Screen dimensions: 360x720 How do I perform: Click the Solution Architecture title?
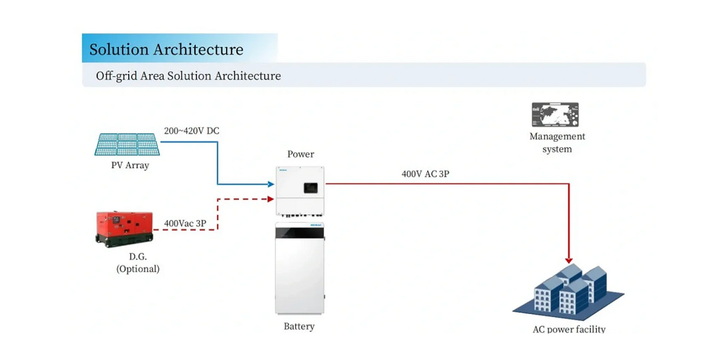pos(166,49)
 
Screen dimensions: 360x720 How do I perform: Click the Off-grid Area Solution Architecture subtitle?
pos(188,76)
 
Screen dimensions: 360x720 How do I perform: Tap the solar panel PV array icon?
pos(128,144)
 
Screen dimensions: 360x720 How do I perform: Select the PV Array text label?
pos(130,165)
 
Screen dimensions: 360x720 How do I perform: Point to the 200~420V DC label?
pos(192,131)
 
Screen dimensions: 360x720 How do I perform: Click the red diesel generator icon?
pos(124,229)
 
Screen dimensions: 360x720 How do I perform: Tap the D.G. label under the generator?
pos(138,257)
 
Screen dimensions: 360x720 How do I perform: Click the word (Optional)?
pos(138,269)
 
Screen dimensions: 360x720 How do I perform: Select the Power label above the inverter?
pos(301,154)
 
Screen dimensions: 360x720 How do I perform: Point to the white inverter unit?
pos(300,190)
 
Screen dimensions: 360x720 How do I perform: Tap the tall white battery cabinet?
pos(300,268)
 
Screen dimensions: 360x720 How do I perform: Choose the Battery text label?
pos(299,326)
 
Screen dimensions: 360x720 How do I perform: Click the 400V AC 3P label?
pos(426,174)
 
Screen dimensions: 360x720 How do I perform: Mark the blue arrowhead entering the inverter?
pos(271,185)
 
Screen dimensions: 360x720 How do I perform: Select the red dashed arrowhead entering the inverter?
pos(271,199)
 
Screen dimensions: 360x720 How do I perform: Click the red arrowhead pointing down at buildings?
pos(569,260)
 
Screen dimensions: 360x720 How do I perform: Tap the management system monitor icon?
pos(555,115)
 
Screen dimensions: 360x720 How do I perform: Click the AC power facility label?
pos(569,330)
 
